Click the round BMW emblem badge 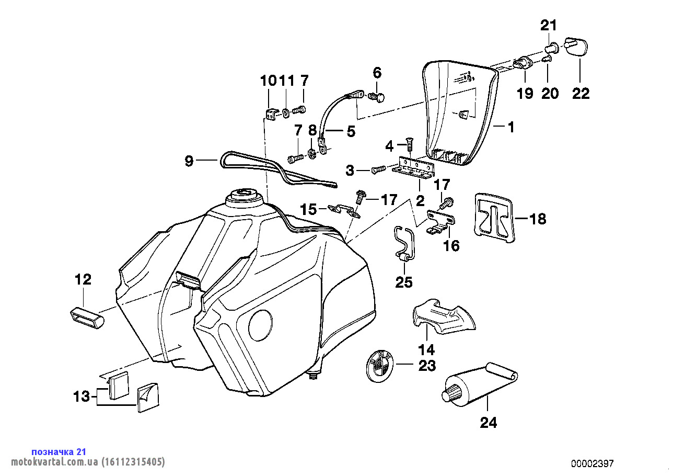tap(380, 366)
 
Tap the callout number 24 tap(489, 423)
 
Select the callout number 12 tap(83, 279)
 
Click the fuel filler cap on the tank tap(243, 196)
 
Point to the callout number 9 tap(189, 161)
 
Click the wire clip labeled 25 tap(404, 244)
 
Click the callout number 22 tap(581, 94)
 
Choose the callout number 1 tap(511, 127)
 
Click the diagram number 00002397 tap(592, 463)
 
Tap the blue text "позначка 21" tap(59, 451)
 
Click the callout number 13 tap(82, 397)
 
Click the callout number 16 tap(451, 245)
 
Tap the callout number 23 tap(427, 366)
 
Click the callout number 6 tap(377, 72)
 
